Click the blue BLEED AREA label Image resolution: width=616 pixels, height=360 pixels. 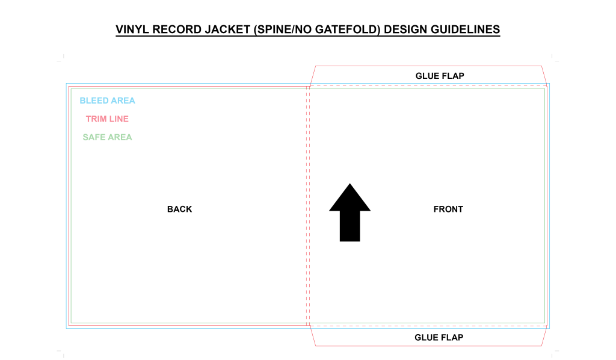click(107, 101)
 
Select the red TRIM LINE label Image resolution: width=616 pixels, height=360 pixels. click(107, 119)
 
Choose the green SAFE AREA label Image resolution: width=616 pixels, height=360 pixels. click(107, 137)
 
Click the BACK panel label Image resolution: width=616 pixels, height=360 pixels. click(179, 209)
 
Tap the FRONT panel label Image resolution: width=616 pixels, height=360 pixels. click(448, 209)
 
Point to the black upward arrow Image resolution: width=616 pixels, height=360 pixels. click(350, 212)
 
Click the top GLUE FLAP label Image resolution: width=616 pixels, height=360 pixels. click(440, 76)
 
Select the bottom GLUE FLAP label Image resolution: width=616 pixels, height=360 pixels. click(439, 337)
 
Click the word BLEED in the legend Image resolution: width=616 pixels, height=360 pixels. click(93, 101)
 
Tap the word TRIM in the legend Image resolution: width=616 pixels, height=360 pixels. click(96, 119)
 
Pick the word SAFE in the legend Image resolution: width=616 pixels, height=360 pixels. click(94, 137)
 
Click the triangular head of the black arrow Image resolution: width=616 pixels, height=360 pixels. click(350, 199)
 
